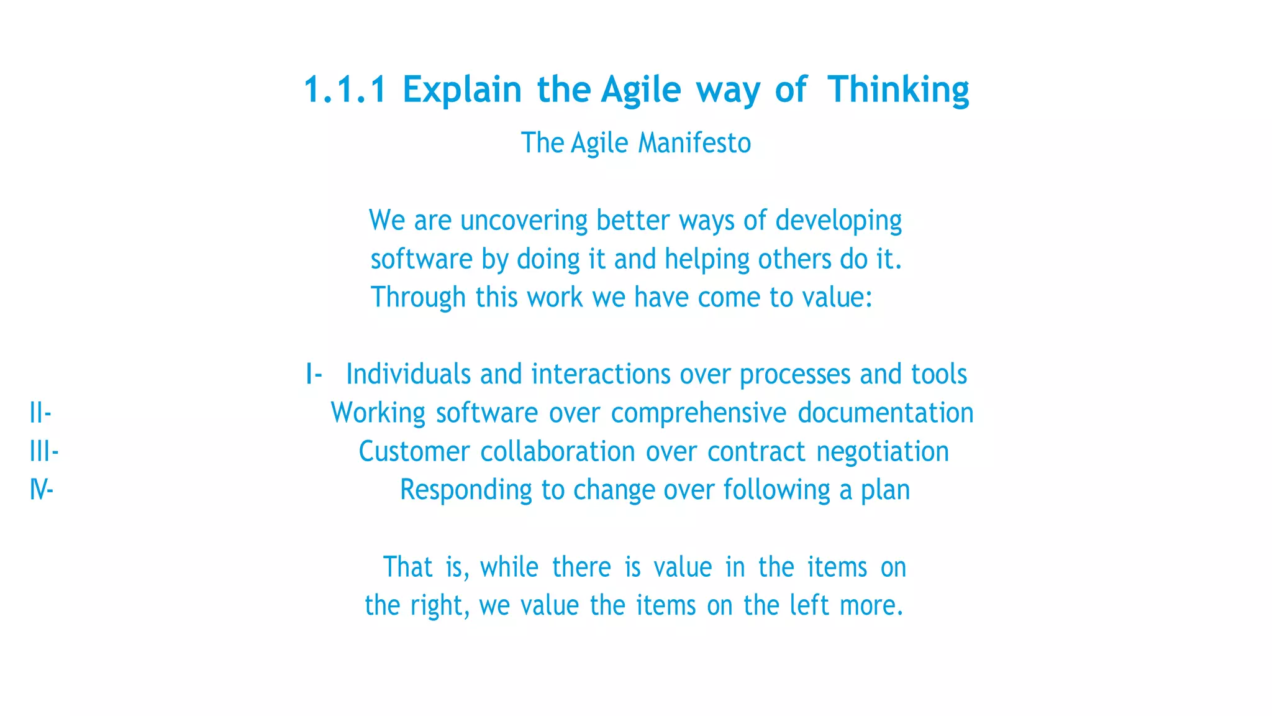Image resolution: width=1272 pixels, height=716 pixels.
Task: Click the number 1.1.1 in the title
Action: point(345,89)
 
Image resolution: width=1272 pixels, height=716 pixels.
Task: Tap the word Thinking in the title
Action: point(898,89)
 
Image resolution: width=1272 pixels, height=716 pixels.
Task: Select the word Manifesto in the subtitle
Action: point(694,143)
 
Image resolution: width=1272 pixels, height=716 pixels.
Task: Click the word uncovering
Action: point(524,221)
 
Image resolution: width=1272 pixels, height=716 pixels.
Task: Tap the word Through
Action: point(418,298)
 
